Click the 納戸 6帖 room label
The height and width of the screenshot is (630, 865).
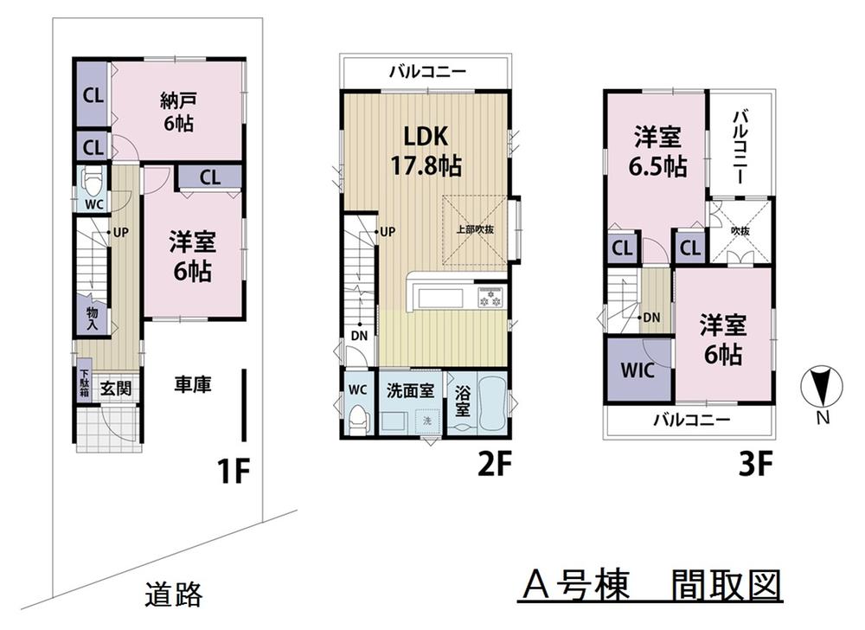[177, 111]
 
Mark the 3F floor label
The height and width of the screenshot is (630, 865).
[754, 466]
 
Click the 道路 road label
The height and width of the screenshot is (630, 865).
[173, 595]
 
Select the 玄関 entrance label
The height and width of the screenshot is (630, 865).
[114, 389]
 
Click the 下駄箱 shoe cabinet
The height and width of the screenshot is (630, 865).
[84, 382]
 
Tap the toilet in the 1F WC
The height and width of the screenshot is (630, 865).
[91, 182]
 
